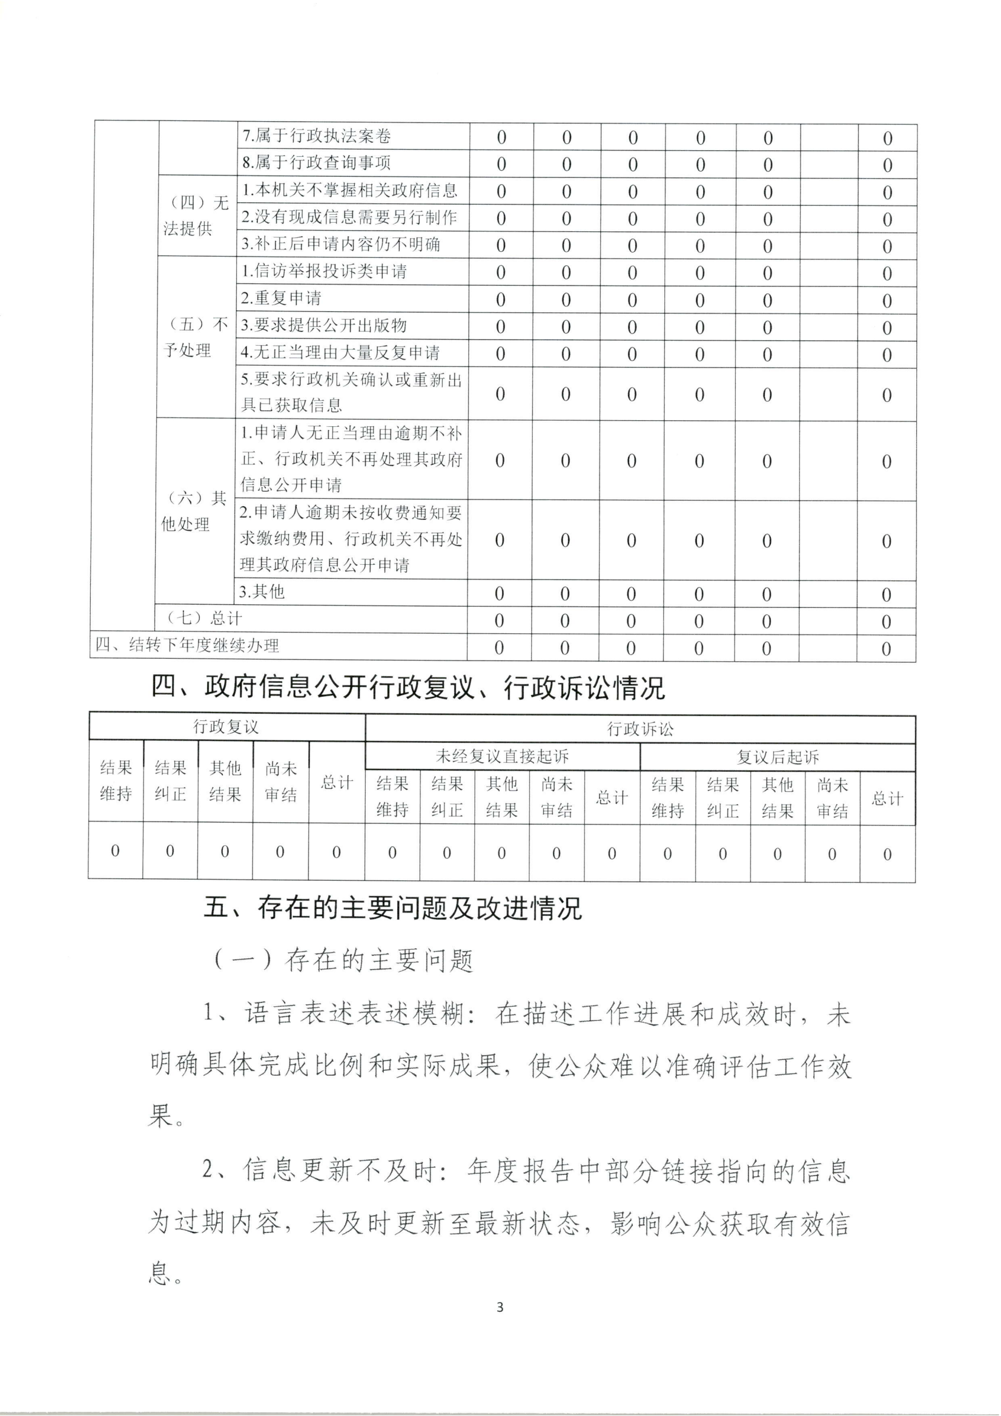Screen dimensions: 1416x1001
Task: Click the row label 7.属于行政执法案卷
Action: coord(316,136)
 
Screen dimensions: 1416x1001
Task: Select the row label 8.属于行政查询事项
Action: coord(316,163)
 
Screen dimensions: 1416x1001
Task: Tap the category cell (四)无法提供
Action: coord(196,216)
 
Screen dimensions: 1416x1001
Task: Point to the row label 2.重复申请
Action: coord(281,298)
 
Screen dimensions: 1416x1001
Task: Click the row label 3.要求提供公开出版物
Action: coord(323,326)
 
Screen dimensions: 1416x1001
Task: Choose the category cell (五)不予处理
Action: coord(195,337)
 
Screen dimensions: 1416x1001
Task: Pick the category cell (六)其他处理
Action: coord(194,512)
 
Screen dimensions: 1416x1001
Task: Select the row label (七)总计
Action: coord(204,619)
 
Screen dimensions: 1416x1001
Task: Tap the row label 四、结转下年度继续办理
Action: coord(187,646)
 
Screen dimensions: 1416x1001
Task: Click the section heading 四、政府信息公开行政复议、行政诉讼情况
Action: coord(408,688)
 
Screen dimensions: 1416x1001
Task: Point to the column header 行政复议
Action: coord(226,727)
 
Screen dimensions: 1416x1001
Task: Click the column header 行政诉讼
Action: coord(640,729)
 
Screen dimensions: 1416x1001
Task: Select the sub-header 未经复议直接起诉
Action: coord(502,757)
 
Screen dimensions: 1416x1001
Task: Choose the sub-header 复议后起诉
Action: coord(777,757)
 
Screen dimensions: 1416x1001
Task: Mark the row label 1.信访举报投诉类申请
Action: coord(324,271)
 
